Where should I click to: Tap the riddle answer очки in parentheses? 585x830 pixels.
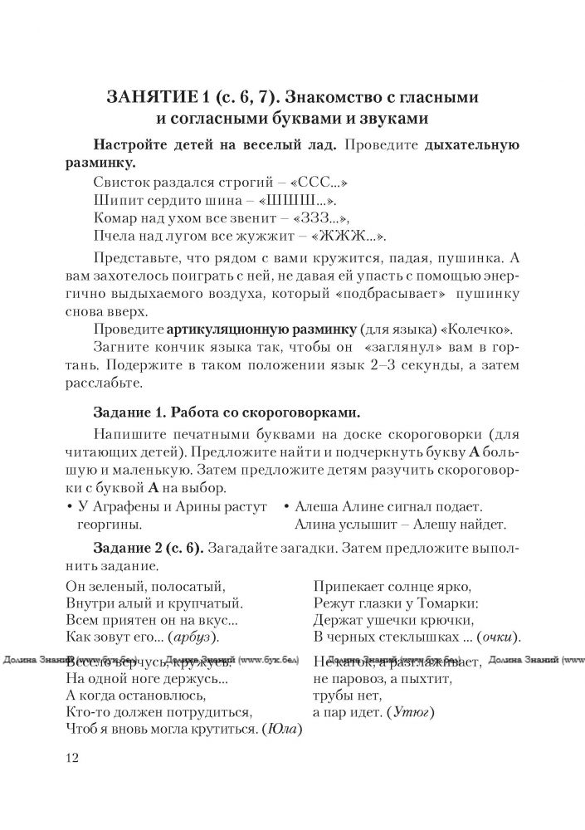pos(498,637)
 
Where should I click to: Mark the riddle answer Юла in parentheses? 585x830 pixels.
pos(280,730)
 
